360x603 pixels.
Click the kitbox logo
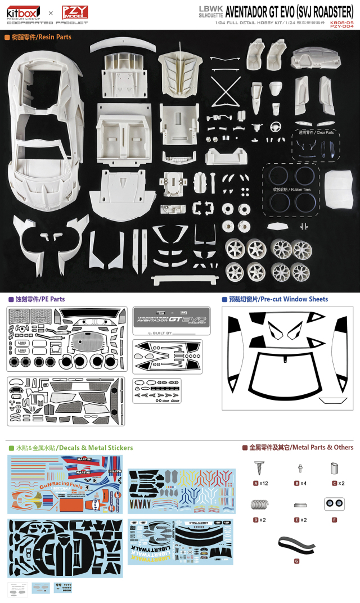(22, 12)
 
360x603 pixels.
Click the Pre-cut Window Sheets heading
(278, 299)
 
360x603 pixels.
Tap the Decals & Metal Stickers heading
(74, 448)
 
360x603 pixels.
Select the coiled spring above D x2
(259, 505)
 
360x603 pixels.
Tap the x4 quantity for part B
(303, 483)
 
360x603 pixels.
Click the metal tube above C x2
(334, 468)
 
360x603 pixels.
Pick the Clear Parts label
(316, 132)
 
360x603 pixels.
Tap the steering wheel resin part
(276, 127)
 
